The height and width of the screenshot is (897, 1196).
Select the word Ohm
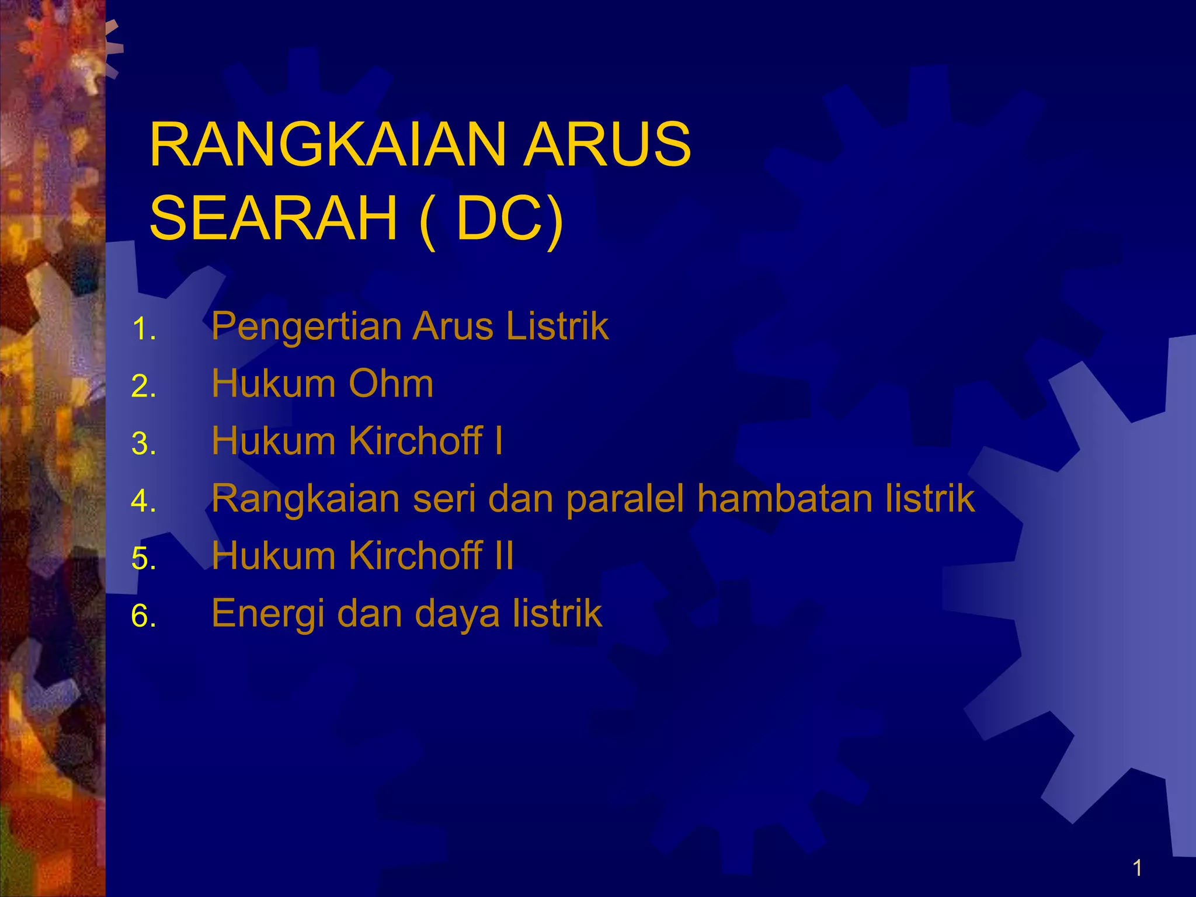pos(391,384)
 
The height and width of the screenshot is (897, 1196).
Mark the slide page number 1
pos(1137,868)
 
